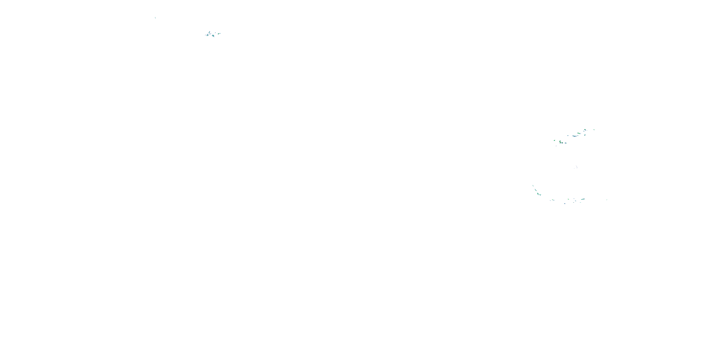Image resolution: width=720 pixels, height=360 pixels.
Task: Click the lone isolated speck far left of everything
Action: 155,18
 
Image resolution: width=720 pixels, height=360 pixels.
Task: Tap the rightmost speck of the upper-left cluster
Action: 221,34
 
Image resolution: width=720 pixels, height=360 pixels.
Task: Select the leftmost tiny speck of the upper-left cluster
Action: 205,35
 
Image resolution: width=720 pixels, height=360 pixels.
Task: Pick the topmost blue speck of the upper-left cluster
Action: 210,32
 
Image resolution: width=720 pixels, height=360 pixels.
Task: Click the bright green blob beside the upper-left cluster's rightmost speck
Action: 219,34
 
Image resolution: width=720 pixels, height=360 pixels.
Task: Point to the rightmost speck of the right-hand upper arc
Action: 594,130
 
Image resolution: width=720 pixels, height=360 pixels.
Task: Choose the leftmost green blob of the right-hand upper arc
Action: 555,140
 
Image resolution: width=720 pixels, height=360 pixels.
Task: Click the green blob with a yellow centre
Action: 560,143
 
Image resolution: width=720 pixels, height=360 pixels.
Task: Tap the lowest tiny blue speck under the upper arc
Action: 556,146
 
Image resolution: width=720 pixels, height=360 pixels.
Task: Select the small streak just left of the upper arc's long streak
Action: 568,136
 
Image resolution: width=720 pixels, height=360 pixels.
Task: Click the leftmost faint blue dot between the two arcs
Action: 574,168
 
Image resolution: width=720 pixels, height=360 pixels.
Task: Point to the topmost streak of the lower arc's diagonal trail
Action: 533,186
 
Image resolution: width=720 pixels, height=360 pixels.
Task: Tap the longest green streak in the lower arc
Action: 583,199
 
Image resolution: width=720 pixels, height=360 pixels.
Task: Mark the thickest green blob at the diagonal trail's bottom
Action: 538,194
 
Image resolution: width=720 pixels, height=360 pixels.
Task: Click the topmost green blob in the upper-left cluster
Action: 209,32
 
